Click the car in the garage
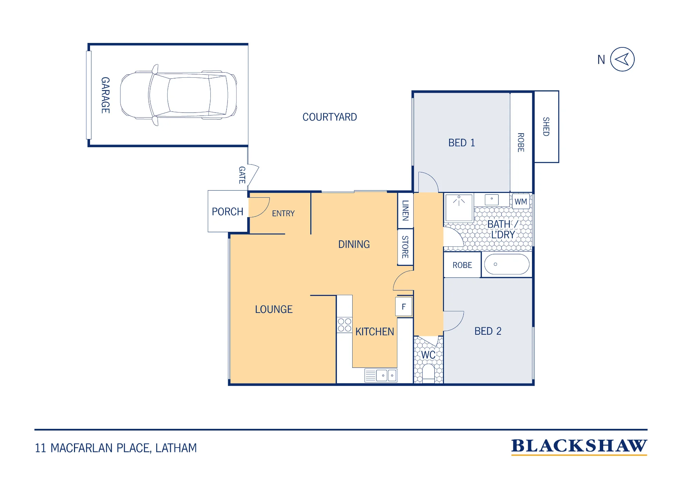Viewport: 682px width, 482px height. [178, 95]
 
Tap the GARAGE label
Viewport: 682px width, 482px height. [105, 95]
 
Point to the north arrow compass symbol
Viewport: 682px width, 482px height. [622, 59]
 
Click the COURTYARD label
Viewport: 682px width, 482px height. [329, 117]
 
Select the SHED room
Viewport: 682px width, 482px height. [546, 127]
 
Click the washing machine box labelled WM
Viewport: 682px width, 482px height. [521, 201]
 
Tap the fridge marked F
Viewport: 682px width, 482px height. [404, 306]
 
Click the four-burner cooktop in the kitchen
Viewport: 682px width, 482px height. [344, 325]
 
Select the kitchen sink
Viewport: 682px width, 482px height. [381, 375]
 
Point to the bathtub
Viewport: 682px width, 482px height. [507, 264]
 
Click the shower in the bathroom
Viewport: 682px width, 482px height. [459, 208]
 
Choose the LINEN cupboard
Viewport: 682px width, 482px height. [405, 210]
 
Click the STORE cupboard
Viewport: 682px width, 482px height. [405, 247]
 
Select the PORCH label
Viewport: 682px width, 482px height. [227, 212]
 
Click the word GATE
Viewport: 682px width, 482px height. [242, 175]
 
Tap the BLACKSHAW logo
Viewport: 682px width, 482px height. [579, 447]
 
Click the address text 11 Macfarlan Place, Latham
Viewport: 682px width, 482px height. [116, 448]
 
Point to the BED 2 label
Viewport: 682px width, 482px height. [488, 331]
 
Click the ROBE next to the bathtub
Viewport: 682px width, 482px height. [462, 265]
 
